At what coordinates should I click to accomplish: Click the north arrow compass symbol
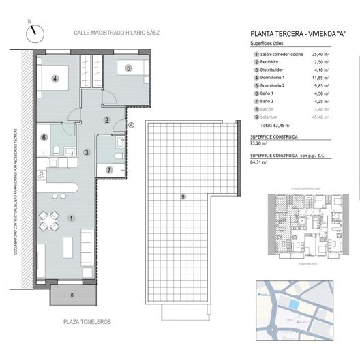click(x=33, y=32)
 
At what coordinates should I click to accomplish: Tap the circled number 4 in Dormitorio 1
click(x=55, y=78)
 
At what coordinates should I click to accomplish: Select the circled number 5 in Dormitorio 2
click(x=127, y=67)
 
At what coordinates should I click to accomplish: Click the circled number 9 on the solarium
click(x=183, y=197)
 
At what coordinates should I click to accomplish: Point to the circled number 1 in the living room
click(x=72, y=218)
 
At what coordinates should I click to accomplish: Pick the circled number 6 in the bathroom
click(x=44, y=137)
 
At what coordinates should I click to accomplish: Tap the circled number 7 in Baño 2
click(x=110, y=169)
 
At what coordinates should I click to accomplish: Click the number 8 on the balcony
click(x=72, y=295)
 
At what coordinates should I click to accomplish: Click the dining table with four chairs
click(x=48, y=221)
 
